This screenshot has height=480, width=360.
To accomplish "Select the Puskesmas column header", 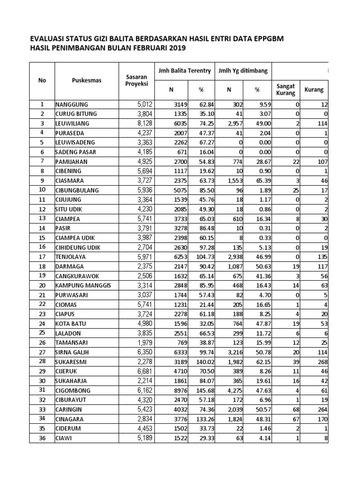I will [x=86, y=80].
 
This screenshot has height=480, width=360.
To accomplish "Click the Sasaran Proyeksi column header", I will [x=136, y=80].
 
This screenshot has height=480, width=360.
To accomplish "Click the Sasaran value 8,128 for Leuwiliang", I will [x=139, y=123].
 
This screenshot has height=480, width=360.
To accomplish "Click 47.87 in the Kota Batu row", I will [x=257, y=323].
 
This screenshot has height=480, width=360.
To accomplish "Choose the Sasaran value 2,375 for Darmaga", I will [x=139, y=266].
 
